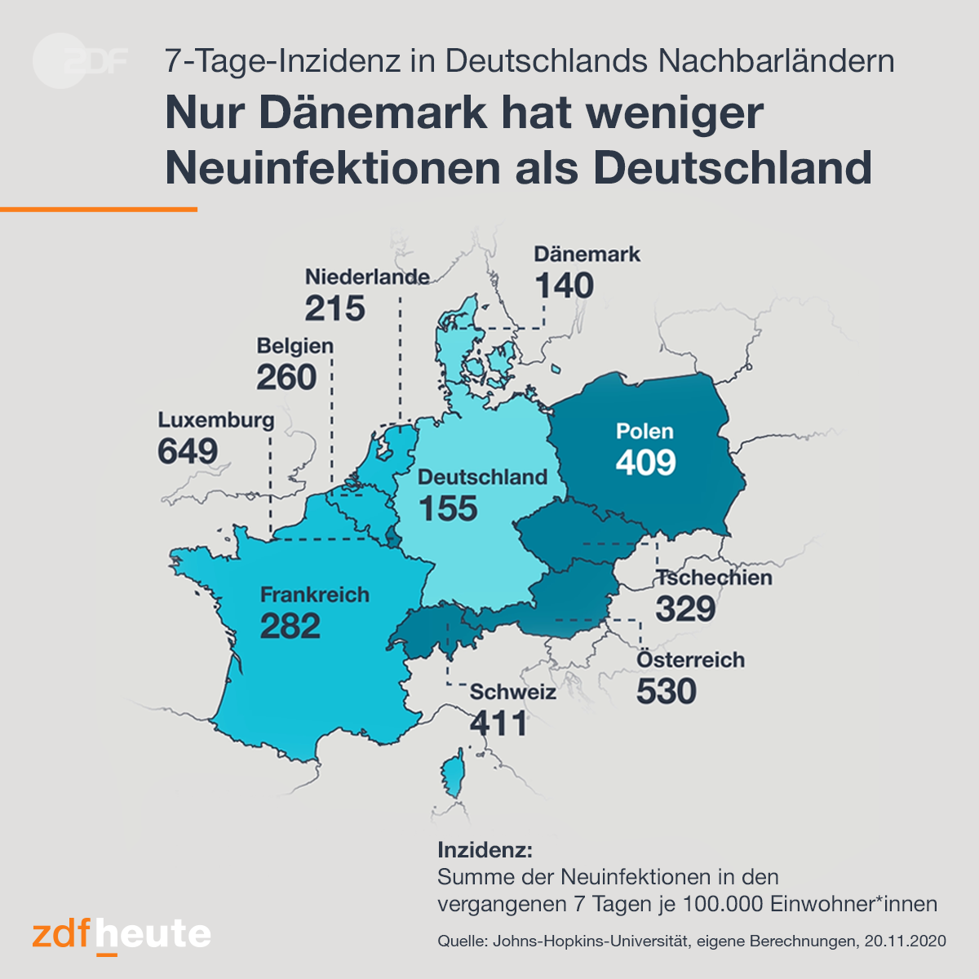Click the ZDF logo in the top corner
pos(80,61)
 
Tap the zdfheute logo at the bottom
pos(122,935)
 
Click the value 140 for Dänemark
pos(564,286)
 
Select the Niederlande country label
pos(367,277)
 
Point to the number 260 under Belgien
pos(286,378)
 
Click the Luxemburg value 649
pos(188,451)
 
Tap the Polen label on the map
pos(645,432)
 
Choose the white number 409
pos(645,463)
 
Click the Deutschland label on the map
pos(483,477)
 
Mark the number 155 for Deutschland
pos(448,508)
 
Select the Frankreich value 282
pos(290,626)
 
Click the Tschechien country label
pos(714,578)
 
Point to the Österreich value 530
pos(666,692)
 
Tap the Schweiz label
pos(512,692)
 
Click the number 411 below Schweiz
pos(498,724)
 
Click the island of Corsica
pos(453,773)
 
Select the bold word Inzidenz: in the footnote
pos(485,850)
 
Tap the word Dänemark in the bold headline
pos(372,113)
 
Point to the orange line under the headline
pos(99,210)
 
